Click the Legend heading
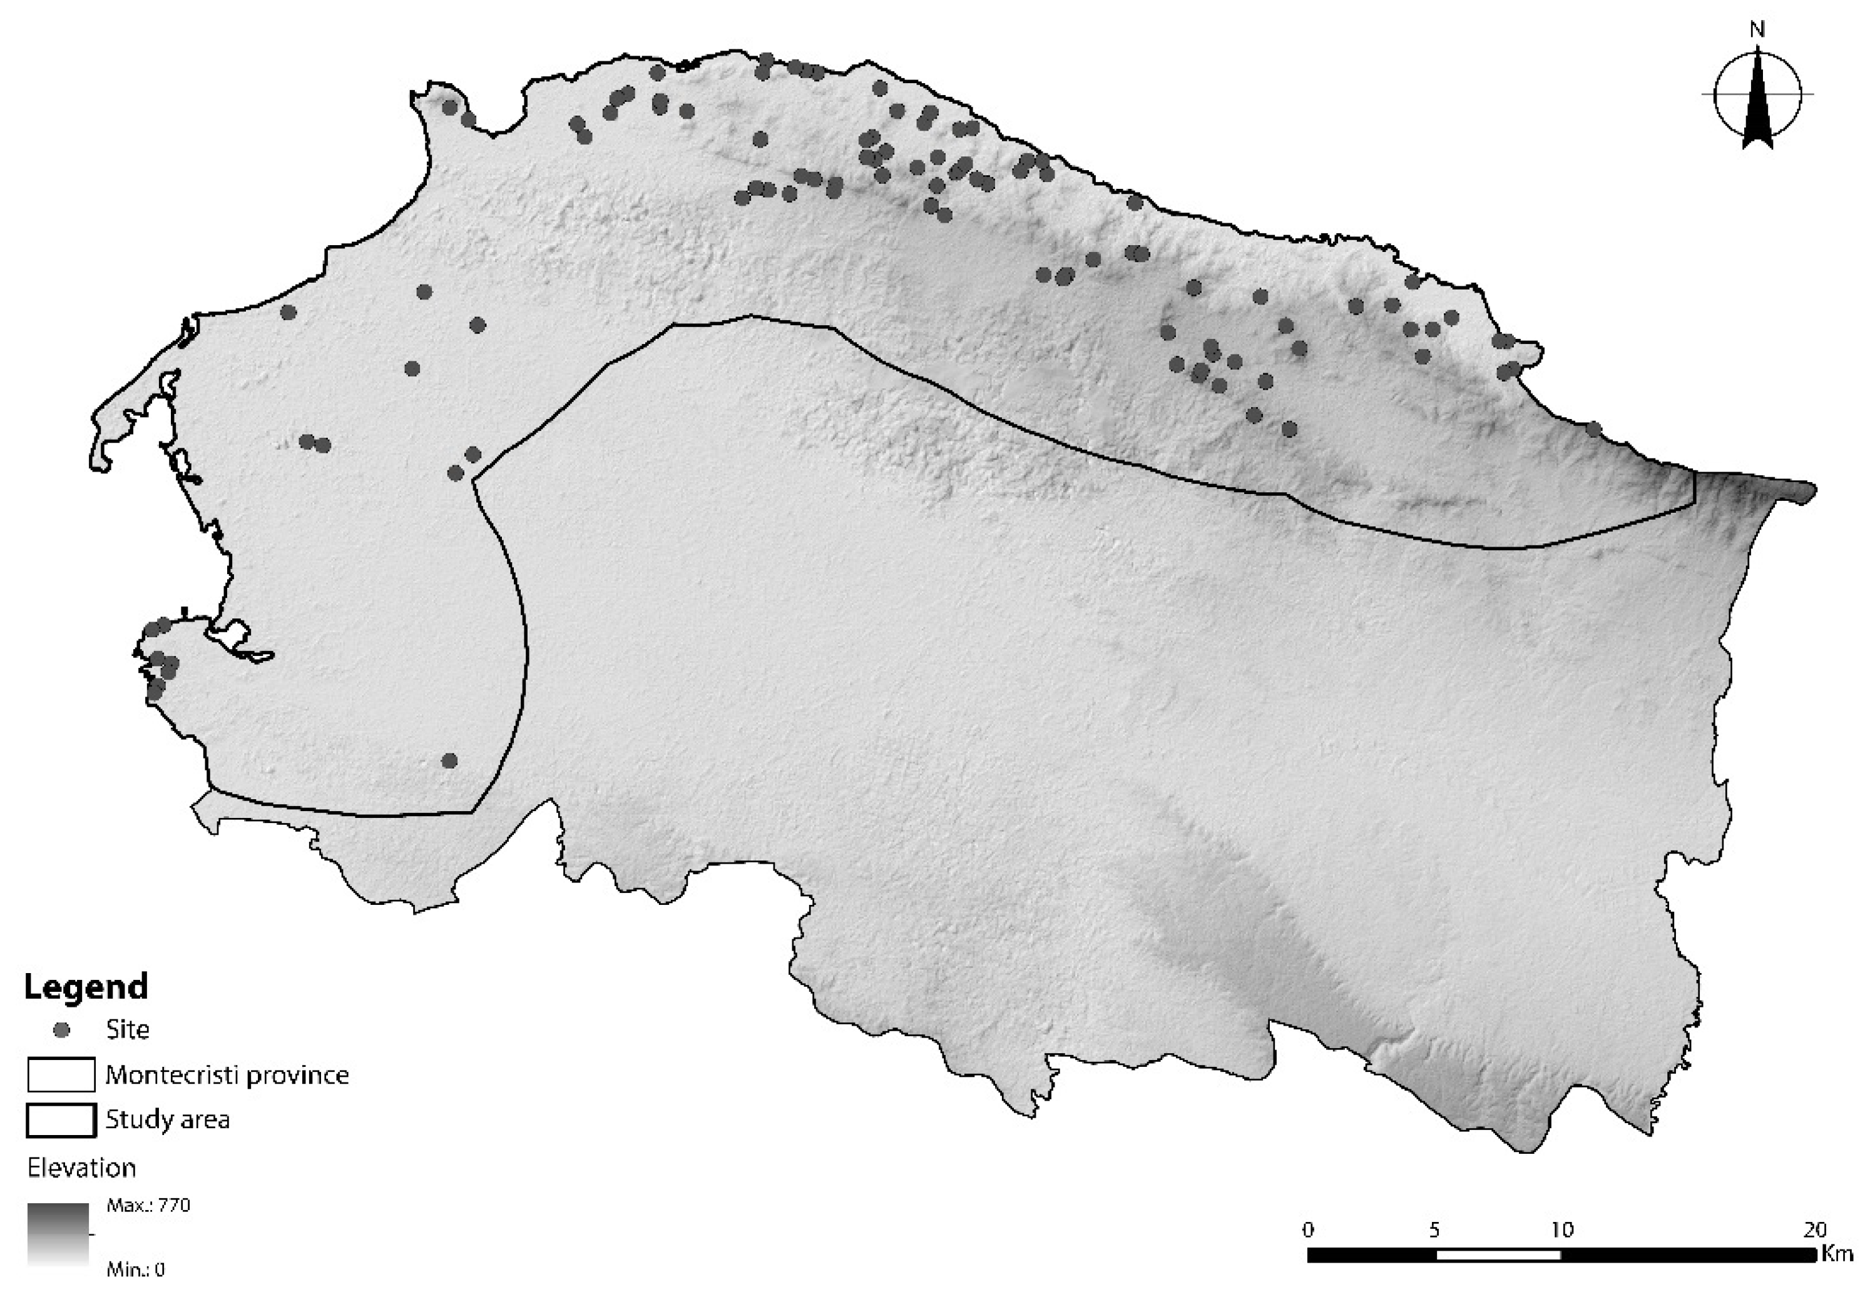86,987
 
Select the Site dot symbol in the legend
61,1031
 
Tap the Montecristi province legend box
61,1075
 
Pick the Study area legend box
61,1120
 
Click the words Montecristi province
227,1075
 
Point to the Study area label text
167,1120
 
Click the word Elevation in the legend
81,1168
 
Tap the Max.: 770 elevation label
148,1206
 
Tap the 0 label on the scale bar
1309,1229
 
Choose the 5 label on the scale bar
1435,1229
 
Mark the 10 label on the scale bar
1561,1229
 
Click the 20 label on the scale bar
1814,1229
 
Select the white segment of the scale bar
1498,1254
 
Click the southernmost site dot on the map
449,760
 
